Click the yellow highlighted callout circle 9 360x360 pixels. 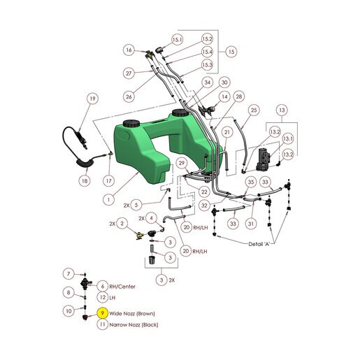(103, 313)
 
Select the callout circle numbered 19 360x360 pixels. (93, 99)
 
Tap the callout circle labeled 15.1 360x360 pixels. (178, 40)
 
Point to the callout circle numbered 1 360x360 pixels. (108, 199)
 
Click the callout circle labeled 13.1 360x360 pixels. (288, 139)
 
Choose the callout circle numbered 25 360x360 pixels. (254, 110)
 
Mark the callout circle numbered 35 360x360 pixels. (251, 182)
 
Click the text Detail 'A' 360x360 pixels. (259, 244)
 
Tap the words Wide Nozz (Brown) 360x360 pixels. (132, 313)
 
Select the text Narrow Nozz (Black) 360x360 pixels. (134, 324)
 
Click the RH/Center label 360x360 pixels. (122, 287)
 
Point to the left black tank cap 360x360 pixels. (131, 123)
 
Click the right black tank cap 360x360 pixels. (180, 113)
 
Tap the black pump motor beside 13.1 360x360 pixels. (263, 159)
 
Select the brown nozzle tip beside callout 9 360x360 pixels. (85, 317)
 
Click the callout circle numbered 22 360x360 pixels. (204, 192)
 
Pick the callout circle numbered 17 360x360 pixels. (108, 181)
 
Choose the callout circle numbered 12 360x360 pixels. (103, 297)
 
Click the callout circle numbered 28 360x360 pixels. (239, 96)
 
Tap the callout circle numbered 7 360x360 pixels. (69, 273)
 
